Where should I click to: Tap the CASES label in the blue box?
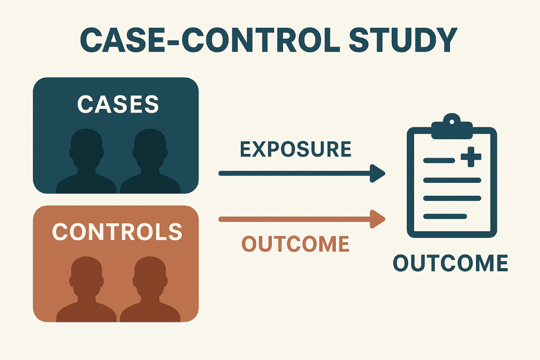[118, 104]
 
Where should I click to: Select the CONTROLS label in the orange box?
[117, 232]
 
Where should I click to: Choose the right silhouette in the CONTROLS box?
[149, 290]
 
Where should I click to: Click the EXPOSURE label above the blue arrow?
[296, 149]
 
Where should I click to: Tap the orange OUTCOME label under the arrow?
[296, 244]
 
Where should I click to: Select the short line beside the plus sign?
[439, 160]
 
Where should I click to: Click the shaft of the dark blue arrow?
[292, 173]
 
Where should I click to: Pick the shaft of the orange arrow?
[292, 219]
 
